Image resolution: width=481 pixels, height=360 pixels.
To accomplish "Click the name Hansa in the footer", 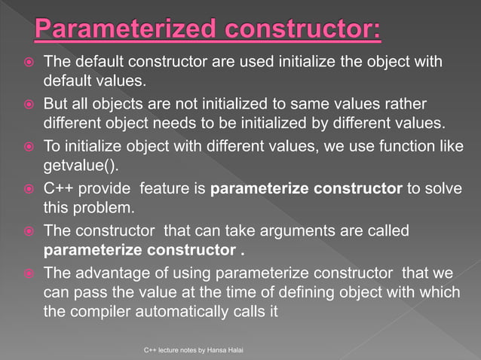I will tap(210, 351).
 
